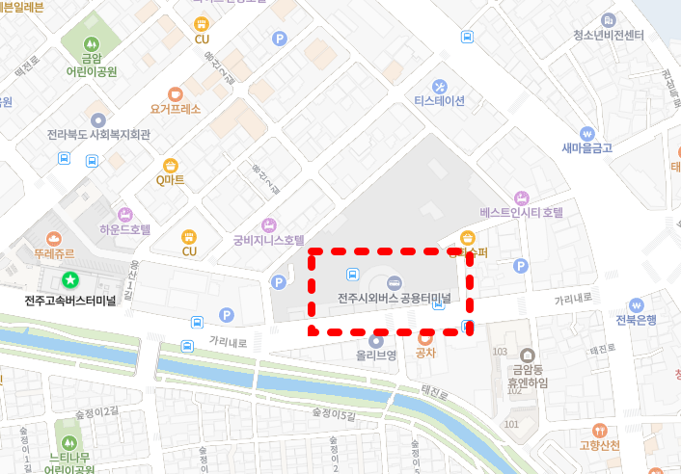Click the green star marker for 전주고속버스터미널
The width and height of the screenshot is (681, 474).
69,280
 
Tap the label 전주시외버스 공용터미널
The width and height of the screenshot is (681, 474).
395,298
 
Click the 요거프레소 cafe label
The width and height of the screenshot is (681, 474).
175,109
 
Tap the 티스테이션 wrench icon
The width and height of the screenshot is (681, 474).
440,86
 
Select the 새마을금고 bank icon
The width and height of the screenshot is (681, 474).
586,133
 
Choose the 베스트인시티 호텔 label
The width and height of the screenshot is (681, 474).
521,212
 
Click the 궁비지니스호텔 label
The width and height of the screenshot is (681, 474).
268,240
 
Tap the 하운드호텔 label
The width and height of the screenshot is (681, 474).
124,230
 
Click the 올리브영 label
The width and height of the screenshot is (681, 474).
376,355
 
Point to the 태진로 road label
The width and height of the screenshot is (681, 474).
435,393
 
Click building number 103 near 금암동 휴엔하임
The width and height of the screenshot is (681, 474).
500,352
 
